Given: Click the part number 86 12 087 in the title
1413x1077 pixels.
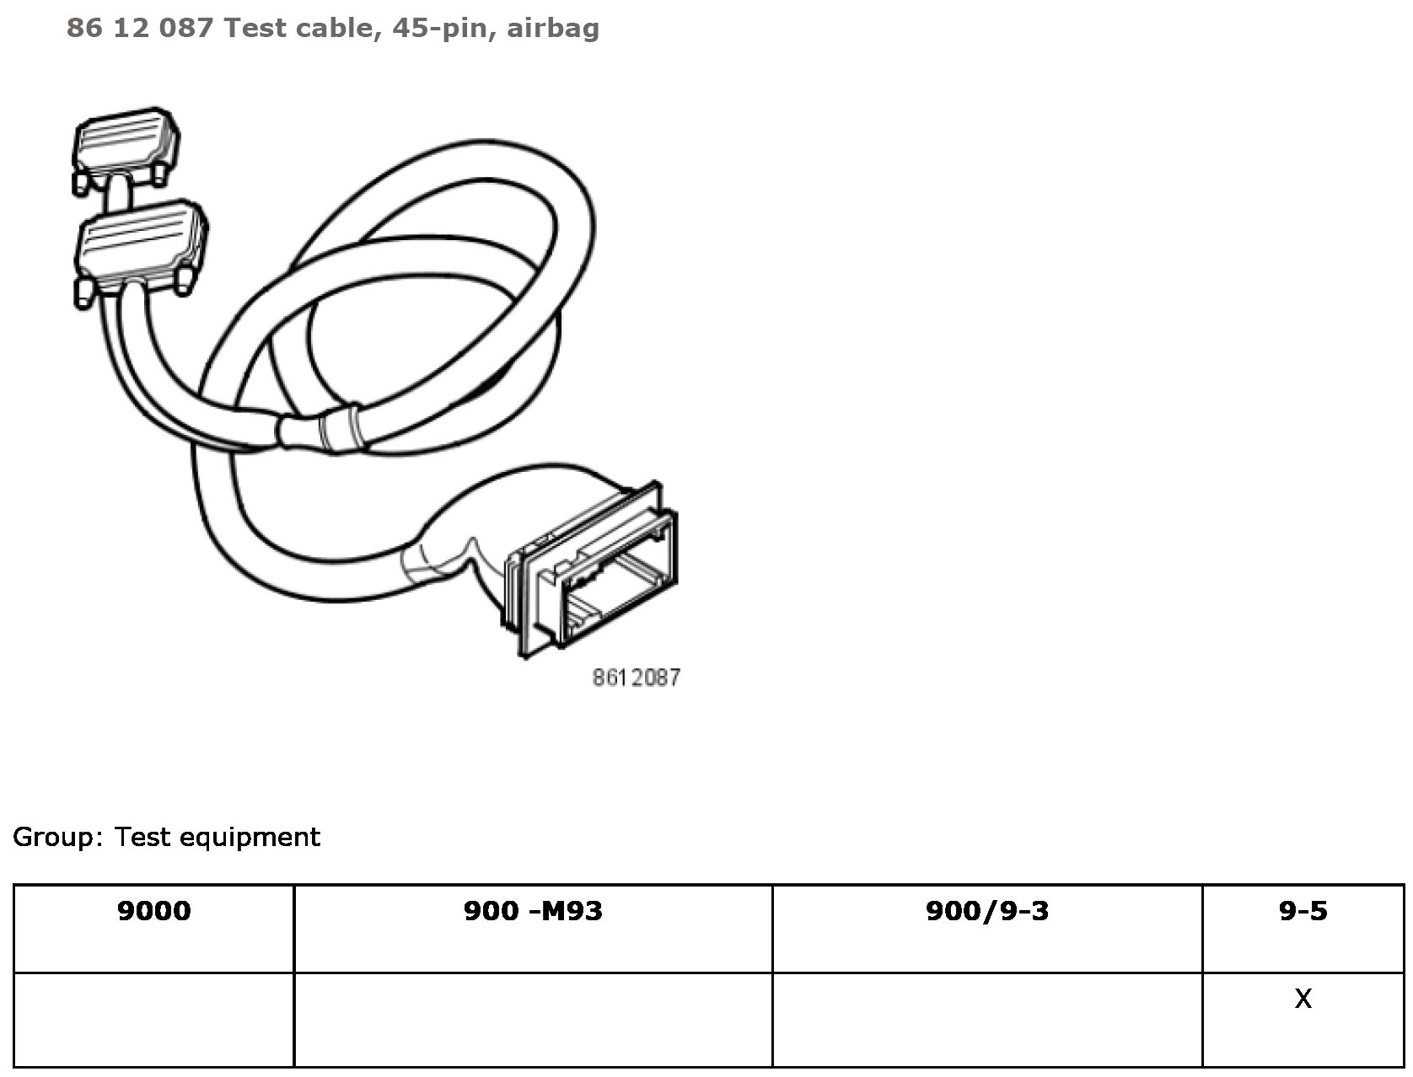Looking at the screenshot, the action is [139, 29].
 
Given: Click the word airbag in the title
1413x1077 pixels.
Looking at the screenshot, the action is [553, 29].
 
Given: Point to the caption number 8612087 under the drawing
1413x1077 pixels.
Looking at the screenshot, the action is [636, 678].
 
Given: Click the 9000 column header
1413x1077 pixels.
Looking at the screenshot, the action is [154, 911].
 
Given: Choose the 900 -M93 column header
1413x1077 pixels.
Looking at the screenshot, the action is [533, 911].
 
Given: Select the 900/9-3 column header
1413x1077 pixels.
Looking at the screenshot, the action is [987, 911].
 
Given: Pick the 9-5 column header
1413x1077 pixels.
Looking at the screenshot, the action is [1303, 911].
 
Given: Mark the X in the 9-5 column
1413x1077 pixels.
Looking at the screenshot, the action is [1303, 999].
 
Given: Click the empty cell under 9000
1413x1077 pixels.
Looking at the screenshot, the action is [154, 1019].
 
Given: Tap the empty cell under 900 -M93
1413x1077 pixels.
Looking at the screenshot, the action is [533, 1019].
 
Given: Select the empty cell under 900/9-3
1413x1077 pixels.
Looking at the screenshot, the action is [987, 1019].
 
